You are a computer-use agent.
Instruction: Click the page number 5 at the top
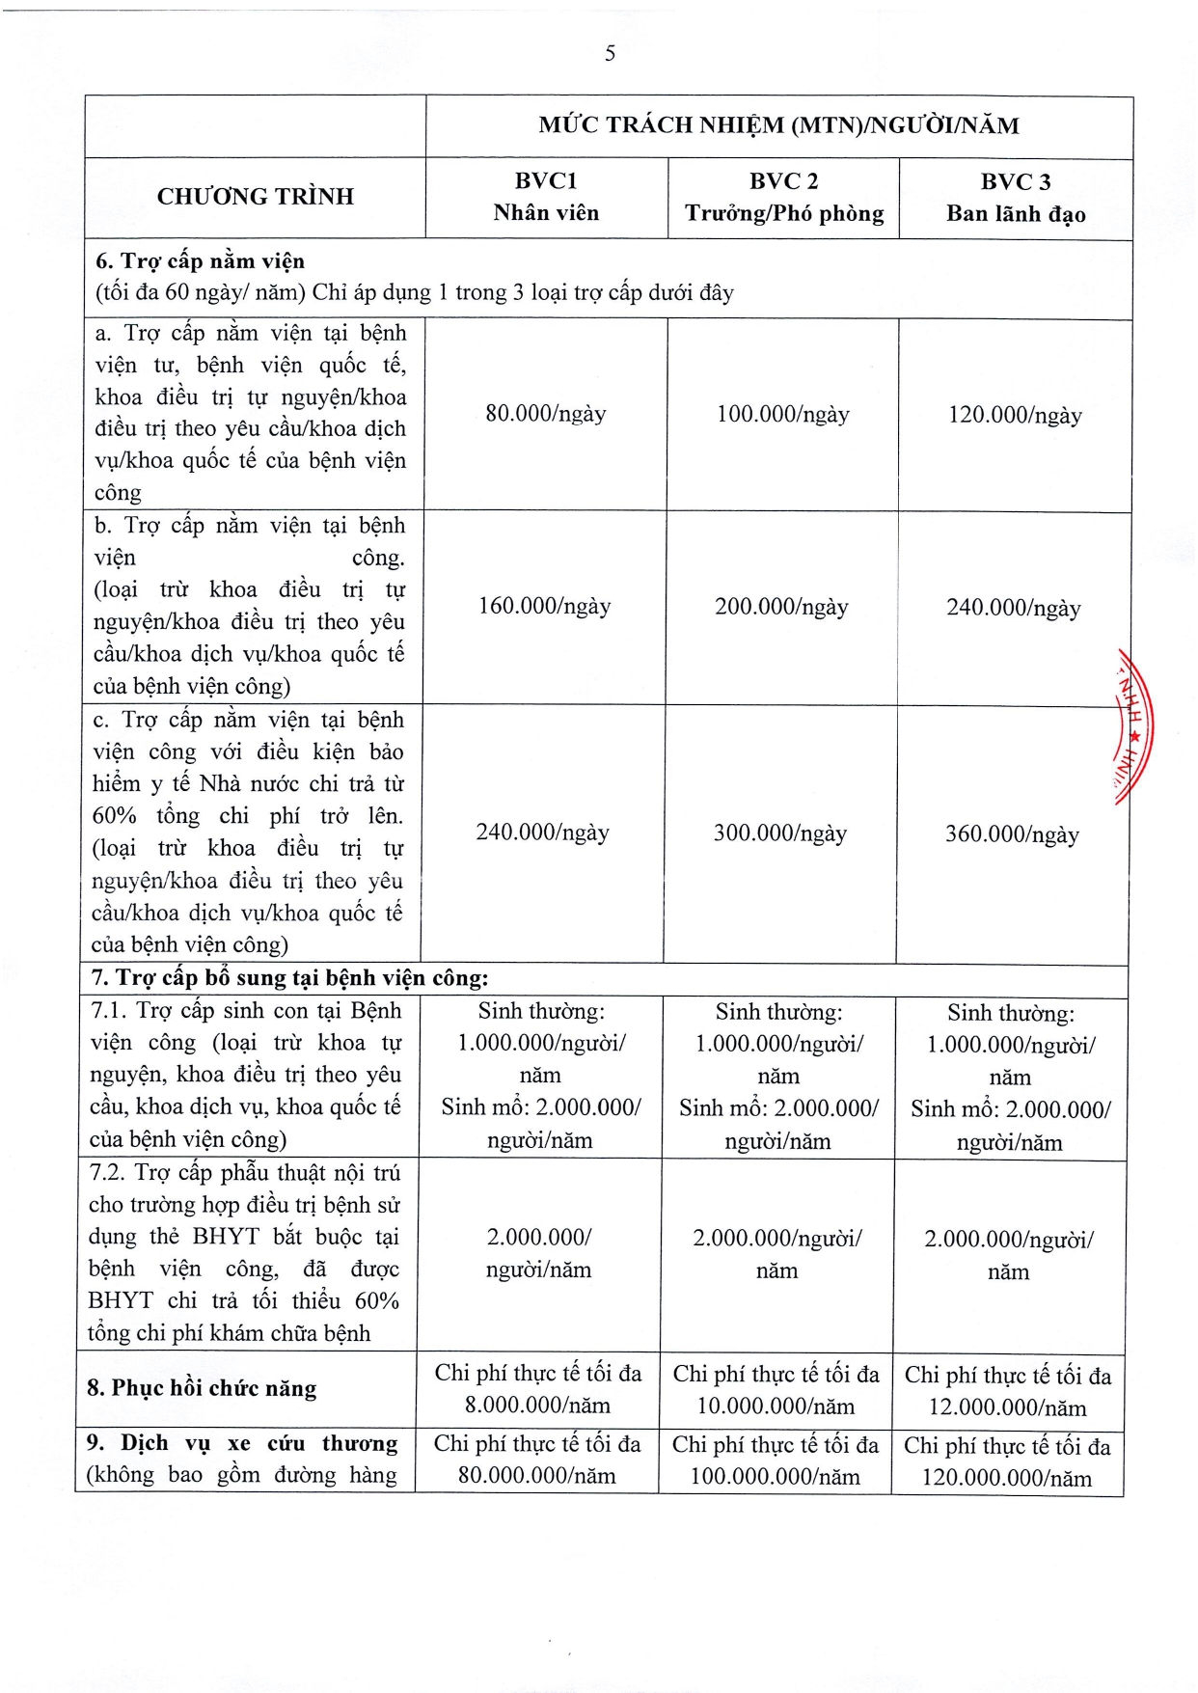coord(610,54)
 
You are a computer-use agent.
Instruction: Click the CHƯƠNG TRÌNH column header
coord(256,197)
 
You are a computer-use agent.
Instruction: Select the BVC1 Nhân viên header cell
coord(546,197)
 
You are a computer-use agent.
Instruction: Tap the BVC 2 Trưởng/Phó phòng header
coord(784,198)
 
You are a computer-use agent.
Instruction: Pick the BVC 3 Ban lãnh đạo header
coord(1016,199)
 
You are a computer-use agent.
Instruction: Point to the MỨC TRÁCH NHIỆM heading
coord(778,125)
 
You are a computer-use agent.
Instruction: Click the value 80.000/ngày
coord(546,414)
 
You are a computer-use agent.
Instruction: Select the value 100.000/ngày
coord(783,415)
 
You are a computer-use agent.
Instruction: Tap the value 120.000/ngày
coord(1015,416)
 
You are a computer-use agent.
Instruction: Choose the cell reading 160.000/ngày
coord(545,606)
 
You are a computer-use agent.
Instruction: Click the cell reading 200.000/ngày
coord(781,607)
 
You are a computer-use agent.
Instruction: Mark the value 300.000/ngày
coord(780,833)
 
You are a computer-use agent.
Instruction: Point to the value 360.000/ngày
coord(1012,834)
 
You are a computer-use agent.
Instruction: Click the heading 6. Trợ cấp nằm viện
coord(200,261)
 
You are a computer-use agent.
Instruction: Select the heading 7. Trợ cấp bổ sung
coord(289,978)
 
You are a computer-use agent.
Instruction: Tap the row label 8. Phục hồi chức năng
coord(202,1388)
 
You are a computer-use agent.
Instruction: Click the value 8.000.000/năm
coord(537,1406)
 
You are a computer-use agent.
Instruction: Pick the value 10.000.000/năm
coord(776,1406)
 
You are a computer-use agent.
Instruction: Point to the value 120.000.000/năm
coord(1007,1479)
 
